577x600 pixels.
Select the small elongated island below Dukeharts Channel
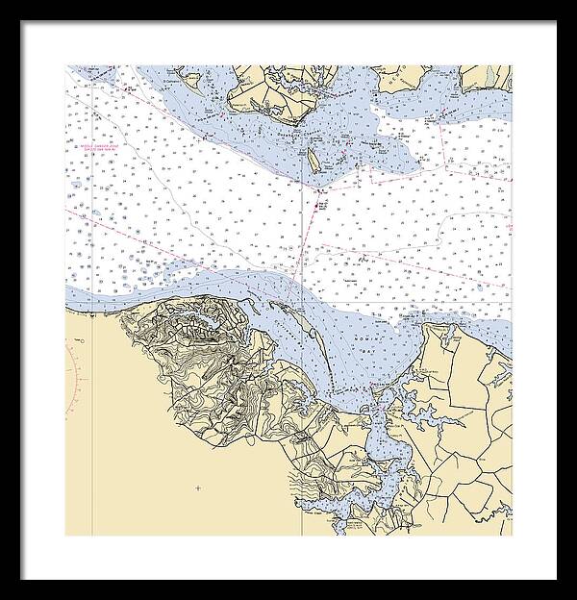(x=314, y=161)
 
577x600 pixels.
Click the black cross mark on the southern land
(x=198, y=488)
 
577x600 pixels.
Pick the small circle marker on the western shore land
(x=82, y=340)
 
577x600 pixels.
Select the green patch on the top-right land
(x=491, y=75)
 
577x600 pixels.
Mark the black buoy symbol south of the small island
(x=320, y=203)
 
